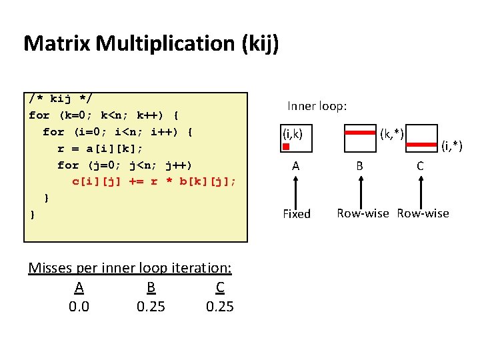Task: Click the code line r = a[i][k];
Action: (x=100, y=148)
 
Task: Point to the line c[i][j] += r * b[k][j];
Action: (x=154, y=181)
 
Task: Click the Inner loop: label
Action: (x=317, y=105)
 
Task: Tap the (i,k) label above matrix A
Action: (x=293, y=134)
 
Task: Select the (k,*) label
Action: (x=392, y=134)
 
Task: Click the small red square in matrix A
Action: (x=285, y=147)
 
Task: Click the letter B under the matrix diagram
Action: (x=359, y=166)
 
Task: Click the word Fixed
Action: (x=297, y=214)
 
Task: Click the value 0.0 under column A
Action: (x=79, y=307)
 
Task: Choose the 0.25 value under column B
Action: (x=151, y=307)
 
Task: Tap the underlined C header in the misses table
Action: (x=220, y=288)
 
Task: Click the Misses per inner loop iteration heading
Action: (x=130, y=268)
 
